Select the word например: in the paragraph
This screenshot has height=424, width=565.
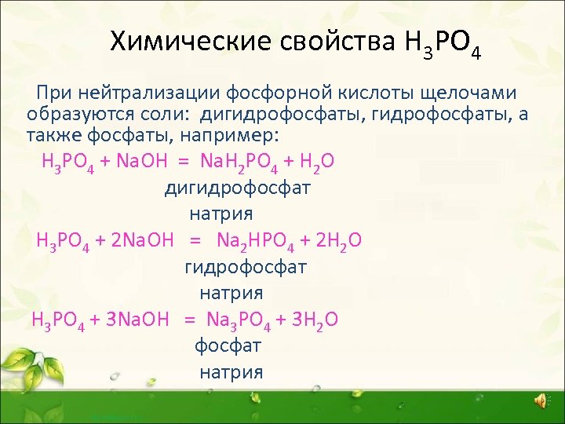pyautogui.click(x=233, y=134)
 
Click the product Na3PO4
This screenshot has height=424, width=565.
pyautogui.click(x=238, y=320)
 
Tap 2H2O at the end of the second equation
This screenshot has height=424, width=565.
pyautogui.click(x=335, y=240)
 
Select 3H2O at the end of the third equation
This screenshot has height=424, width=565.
pyautogui.click(x=312, y=320)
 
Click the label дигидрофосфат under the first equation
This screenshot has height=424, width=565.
pyautogui.click(x=237, y=188)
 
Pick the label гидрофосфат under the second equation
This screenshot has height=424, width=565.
pyautogui.click(x=245, y=267)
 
